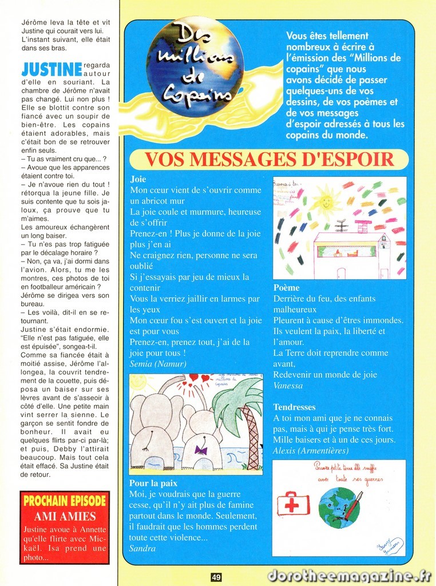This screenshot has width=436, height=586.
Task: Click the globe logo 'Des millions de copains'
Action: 195,67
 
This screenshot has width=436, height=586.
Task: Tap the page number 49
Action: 216,577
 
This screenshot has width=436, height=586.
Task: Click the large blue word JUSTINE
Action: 51,70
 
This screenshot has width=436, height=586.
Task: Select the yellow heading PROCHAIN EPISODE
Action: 65,501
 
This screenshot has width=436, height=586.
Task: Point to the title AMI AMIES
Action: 65,516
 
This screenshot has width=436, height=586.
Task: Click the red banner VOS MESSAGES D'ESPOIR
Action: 269,160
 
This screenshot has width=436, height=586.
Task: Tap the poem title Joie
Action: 138,179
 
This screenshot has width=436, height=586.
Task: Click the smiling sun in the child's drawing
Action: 326,202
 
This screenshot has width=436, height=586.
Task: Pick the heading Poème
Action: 286,288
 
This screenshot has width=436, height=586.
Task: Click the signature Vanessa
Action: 288,386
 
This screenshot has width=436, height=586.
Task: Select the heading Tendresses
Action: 294,407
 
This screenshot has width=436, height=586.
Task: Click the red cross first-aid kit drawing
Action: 293,504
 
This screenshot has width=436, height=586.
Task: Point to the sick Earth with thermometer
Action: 339,506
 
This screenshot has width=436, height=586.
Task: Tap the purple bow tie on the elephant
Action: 200,450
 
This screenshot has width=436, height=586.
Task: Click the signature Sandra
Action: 142,548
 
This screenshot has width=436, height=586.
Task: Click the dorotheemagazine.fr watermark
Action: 349,575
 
